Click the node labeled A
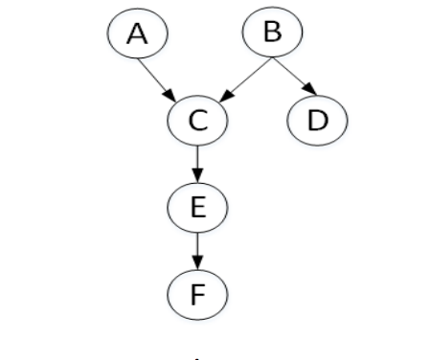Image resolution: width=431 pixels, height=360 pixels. click(137, 34)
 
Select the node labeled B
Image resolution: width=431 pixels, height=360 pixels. click(272, 33)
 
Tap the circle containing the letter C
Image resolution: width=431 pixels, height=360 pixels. click(197, 121)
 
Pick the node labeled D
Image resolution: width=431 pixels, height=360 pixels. click(317, 121)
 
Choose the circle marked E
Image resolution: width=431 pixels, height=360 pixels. click(197, 207)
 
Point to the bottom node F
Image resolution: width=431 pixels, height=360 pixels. click(197, 293)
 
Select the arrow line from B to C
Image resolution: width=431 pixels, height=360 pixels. click(246, 79)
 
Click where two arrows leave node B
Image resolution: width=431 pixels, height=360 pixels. click(272, 59)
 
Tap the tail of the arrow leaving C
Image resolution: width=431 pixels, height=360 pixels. click(197, 147)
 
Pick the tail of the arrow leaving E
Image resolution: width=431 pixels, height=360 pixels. click(197, 234)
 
